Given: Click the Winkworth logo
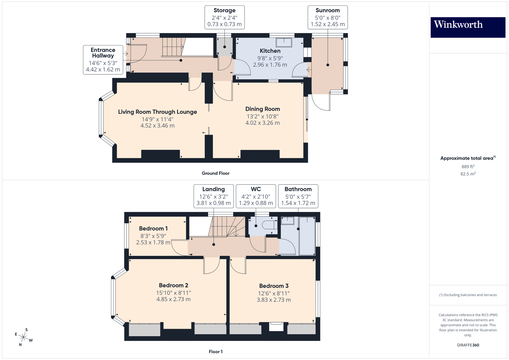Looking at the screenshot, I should pyautogui.click(x=468, y=27).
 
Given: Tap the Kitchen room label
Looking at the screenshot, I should pyautogui.click(x=270, y=51).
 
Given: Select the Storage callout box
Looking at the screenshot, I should pyautogui.click(x=224, y=17).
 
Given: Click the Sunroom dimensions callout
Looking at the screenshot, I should pyautogui.click(x=327, y=17).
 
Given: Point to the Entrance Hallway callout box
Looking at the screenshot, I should pyautogui.click(x=103, y=60).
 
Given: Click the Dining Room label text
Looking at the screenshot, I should pyautogui.click(x=262, y=109).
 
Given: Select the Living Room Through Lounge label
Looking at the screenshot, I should pyautogui.click(x=157, y=112).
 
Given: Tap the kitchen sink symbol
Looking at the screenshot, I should pyautogui.click(x=284, y=43).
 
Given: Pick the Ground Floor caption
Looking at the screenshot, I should pyautogui.click(x=215, y=173).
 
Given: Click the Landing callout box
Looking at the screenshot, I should pyautogui.click(x=214, y=196).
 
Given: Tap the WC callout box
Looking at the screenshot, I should pyautogui.click(x=256, y=196).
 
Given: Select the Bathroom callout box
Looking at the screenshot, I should pyautogui.click(x=298, y=196).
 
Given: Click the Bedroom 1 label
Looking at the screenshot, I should pyautogui.click(x=153, y=229).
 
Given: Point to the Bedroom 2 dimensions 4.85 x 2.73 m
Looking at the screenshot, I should pyautogui.click(x=174, y=299).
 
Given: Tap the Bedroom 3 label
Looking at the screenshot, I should pyautogui.click(x=274, y=286).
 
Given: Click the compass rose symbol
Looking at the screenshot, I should pyautogui.click(x=24, y=337).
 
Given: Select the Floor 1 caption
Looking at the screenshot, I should pyautogui.click(x=215, y=352).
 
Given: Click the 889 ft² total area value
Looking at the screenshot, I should pyautogui.click(x=468, y=167).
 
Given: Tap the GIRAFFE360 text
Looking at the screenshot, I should pyautogui.click(x=468, y=345).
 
